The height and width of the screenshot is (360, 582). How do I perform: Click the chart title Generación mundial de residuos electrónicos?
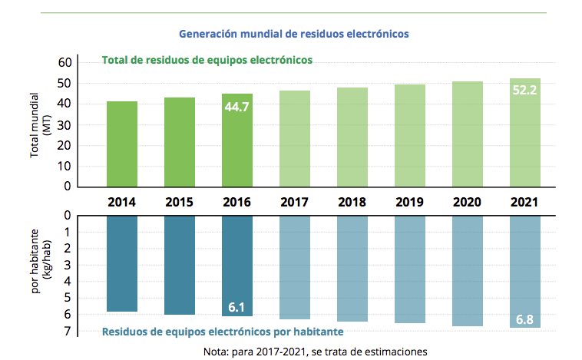pyautogui.click(x=293, y=35)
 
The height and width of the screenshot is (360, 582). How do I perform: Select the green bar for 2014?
pyautogui.click(x=122, y=144)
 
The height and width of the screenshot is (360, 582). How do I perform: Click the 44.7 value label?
pyautogui.click(x=237, y=107)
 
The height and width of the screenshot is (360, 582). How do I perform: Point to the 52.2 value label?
pyautogui.click(x=525, y=91)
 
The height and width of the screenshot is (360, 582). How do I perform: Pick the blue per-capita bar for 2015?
pyautogui.click(x=180, y=265)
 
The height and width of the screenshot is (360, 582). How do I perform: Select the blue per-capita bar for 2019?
pyautogui.click(x=410, y=269)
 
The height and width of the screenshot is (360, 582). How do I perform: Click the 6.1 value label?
pyautogui.click(x=237, y=307)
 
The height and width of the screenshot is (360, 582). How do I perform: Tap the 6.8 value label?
pyautogui.click(x=525, y=319)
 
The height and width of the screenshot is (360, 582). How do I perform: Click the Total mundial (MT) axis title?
pyautogui.click(x=40, y=125)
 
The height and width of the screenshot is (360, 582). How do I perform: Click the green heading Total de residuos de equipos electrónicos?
pyautogui.click(x=207, y=60)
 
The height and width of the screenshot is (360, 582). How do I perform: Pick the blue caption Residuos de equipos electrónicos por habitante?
pyautogui.click(x=222, y=332)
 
